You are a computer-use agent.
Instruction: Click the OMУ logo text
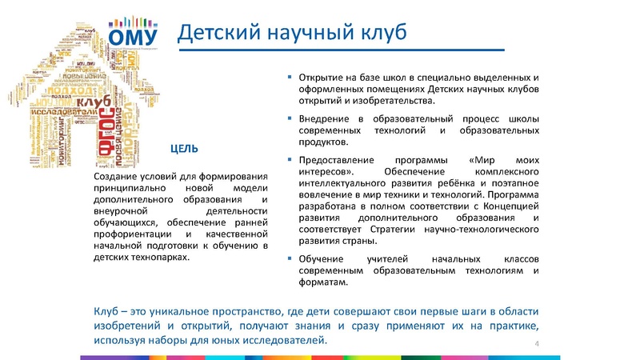(138, 37)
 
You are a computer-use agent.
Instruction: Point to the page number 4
(535, 343)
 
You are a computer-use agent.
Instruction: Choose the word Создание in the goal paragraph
(116, 176)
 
